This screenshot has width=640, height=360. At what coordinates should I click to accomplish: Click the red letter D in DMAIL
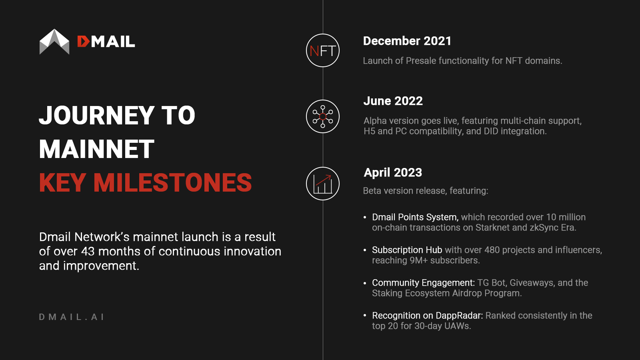83,42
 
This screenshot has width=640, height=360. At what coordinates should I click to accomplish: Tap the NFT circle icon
322,50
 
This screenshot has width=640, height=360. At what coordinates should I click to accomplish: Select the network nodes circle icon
322,116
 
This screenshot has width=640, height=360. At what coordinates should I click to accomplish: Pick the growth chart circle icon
322,184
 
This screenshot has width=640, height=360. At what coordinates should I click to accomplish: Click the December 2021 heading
407,41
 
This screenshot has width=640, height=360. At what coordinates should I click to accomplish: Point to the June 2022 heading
393,101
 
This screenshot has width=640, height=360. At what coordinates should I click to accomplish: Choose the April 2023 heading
392,172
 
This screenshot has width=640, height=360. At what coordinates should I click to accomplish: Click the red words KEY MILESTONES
146,182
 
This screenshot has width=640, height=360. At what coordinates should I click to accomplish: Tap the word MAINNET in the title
96,149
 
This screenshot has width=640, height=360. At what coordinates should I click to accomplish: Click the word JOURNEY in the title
97,115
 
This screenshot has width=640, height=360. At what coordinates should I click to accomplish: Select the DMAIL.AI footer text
72,317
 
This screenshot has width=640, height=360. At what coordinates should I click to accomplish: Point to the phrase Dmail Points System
415,217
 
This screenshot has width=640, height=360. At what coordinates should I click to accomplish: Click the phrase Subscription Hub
407,250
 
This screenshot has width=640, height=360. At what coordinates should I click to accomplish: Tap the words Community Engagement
423,283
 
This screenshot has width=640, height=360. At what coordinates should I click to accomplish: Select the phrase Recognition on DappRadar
428,316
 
